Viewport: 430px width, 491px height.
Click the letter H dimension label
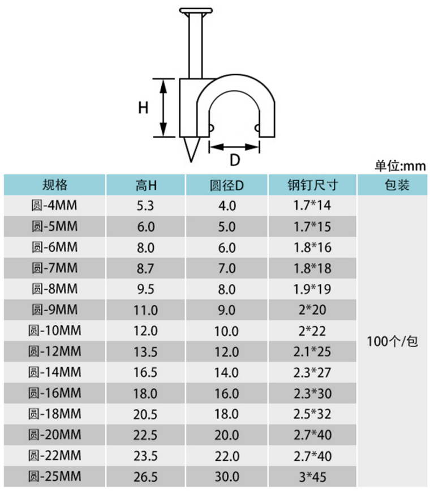[143, 108]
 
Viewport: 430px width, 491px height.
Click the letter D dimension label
[235, 160]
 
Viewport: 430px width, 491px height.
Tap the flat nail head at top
[196, 11]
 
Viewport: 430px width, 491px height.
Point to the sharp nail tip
[191, 161]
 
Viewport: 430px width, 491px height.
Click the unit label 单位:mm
[400, 166]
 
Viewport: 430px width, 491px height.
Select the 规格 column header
[55, 185]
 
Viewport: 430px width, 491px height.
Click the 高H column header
[146, 185]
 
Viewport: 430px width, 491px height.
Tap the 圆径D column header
[226, 185]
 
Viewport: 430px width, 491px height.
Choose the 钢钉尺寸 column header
[313, 185]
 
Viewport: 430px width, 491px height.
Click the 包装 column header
[397, 185]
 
